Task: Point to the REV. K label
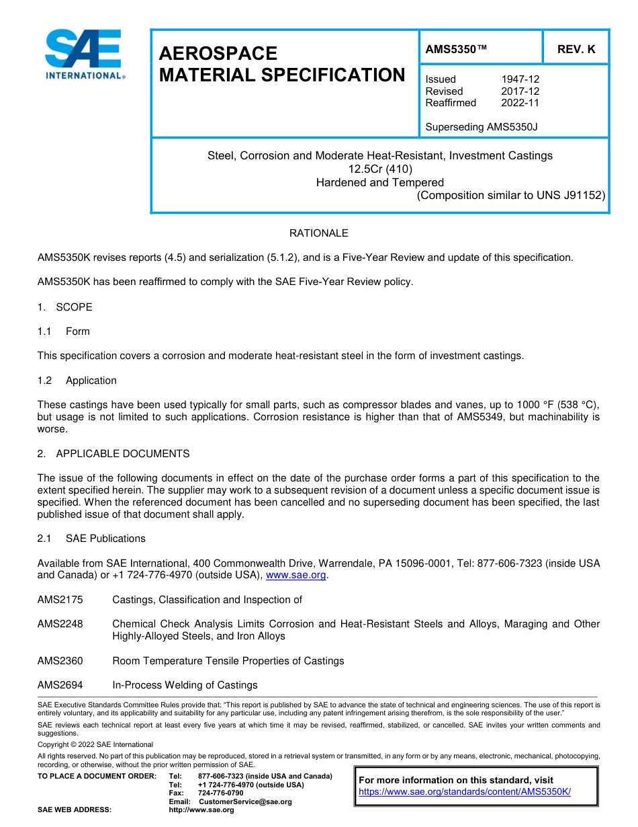point(576,50)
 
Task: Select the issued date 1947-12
point(520,79)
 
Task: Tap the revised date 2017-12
point(520,91)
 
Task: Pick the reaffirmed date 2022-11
point(520,103)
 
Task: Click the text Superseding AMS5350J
point(482,126)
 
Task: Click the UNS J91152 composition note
point(511,196)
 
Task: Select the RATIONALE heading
point(318,233)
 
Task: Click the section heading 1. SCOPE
point(65,307)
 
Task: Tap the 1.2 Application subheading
point(77,381)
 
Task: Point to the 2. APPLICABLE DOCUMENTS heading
point(113,454)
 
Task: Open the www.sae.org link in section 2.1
point(296,576)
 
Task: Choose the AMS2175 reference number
point(60,600)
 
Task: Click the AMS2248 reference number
point(60,624)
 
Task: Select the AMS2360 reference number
point(60,661)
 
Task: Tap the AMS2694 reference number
point(60,685)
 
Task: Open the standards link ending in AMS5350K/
point(465,791)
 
